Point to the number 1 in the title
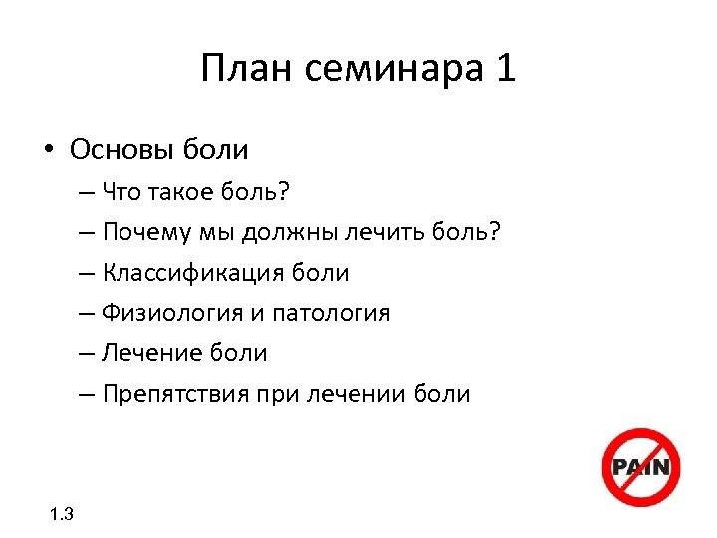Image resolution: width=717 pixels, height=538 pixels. [504, 70]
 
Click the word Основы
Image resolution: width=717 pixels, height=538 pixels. [123, 150]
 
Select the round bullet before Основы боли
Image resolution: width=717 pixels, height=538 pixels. [48, 151]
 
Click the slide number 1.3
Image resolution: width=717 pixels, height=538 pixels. [61, 515]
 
